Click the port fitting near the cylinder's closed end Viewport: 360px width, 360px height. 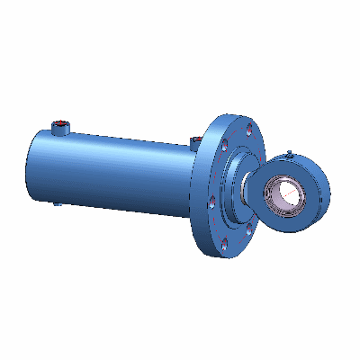[x=62, y=127]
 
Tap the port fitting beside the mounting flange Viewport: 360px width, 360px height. [x=196, y=140]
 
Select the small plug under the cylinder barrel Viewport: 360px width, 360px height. [x=58, y=203]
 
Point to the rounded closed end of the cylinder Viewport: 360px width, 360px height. [x=31, y=167]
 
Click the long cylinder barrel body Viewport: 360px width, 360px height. [x=117, y=171]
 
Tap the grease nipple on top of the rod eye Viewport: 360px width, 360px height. [x=289, y=151]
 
